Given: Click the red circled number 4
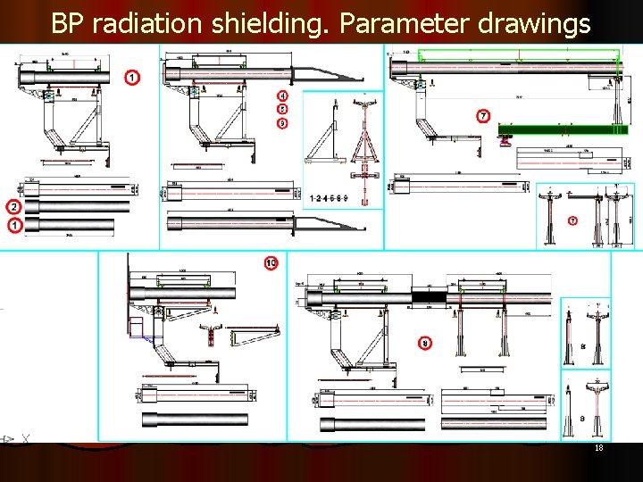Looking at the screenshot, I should pos(282,96).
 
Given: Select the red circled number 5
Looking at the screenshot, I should pos(282,109).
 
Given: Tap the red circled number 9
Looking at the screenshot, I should pos(282,122).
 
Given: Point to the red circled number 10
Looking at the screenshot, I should pos(271,262).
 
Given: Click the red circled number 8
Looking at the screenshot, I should pos(425,343).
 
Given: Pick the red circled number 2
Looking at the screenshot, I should pos(15,206).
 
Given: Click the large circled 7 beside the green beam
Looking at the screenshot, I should pos(483,115).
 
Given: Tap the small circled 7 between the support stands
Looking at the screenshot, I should pos(572,220).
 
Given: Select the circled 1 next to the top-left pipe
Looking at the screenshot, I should pos(132,78).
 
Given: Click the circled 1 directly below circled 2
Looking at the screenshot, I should pos(15,227).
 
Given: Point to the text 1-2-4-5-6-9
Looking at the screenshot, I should pos(330,197).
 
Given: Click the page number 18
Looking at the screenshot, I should pos(598,448).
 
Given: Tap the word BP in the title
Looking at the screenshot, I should pos(68,23).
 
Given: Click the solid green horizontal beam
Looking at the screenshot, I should pos(562,129).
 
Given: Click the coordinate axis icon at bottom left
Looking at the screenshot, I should pos(10,439).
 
